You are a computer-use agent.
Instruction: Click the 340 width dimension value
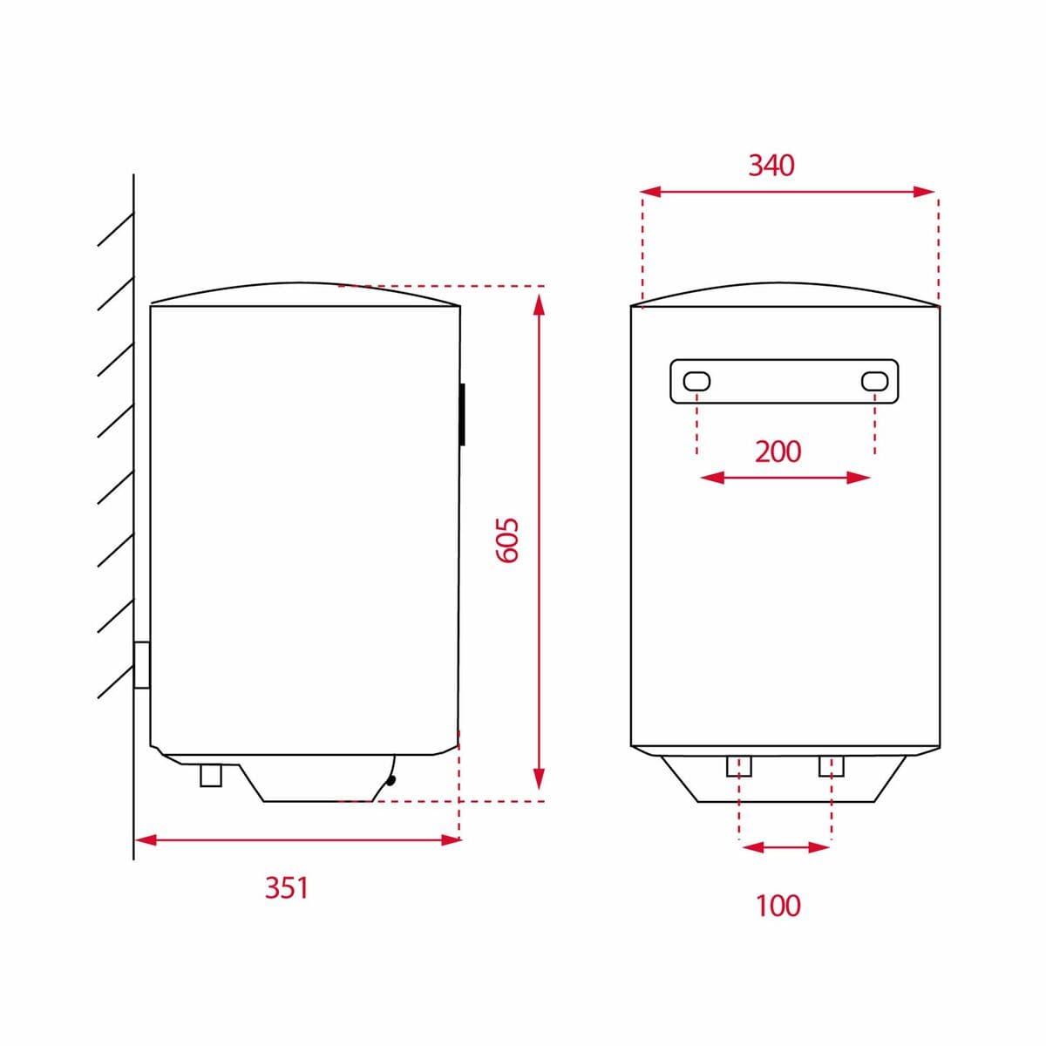coord(771,165)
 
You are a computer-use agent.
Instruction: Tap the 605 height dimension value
coord(507,540)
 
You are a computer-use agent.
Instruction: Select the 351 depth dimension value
coord(287,887)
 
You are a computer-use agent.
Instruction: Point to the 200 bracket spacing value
coord(778,451)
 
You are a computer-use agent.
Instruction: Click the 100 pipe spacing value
coord(778,906)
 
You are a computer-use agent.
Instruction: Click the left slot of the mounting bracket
coord(697,381)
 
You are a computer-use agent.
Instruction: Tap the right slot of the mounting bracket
coord(874,381)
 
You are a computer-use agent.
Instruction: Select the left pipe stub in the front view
coord(739,766)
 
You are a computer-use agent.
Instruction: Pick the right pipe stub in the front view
coord(832,766)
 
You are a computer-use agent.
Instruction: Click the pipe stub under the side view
coord(211,775)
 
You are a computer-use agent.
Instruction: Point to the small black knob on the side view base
coord(391,780)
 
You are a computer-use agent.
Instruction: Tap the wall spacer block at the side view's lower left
coord(142,665)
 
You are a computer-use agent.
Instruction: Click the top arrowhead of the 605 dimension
coord(539,304)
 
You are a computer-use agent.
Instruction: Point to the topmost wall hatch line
coord(115,230)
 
